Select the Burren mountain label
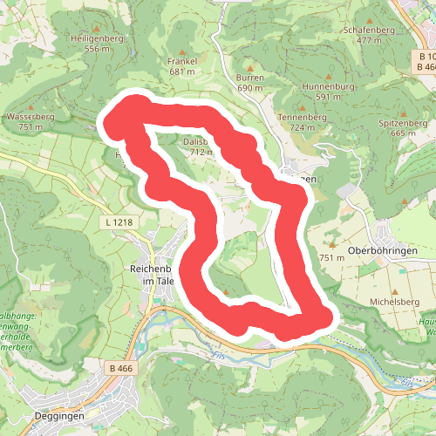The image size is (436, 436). pos(250,78)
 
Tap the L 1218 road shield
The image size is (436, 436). pos(119,223)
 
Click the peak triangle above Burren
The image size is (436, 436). pos(250,67)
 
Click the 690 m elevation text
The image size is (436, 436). pos(250,88)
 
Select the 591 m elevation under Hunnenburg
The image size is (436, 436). pos(328,98)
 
